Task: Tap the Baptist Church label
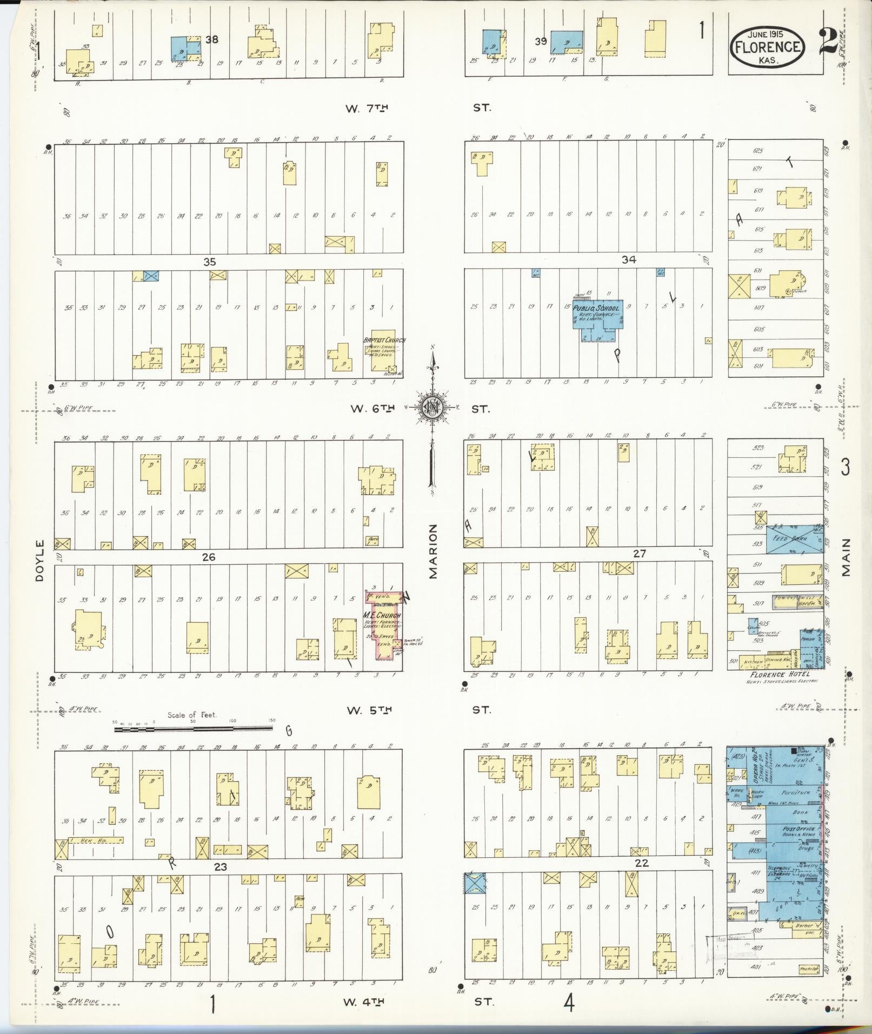384,340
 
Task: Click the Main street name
846,557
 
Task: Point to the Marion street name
433,551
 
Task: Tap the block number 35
209,262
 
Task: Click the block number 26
209,557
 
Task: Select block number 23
221,866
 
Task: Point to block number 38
211,39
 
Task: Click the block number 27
640,553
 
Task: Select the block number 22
642,863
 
